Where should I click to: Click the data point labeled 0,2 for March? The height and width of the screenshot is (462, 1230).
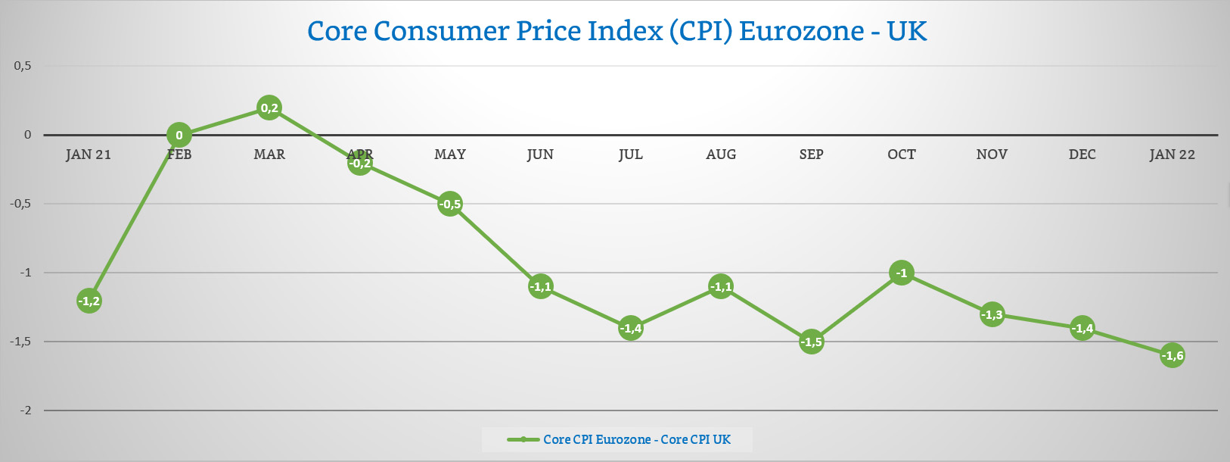click(269, 108)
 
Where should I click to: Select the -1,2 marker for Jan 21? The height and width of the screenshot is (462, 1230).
click(89, 301)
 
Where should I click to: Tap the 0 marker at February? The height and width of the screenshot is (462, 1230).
click(179, 136)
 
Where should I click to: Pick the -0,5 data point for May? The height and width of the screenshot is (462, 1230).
click(450, 204)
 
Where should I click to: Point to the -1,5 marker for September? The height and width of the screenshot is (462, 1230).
click(811, 342)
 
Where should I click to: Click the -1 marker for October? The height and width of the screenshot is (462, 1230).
click(902, 273)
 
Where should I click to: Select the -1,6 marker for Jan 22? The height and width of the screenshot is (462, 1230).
click(1173, 355)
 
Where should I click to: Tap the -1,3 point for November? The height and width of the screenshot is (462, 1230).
click(992, 314)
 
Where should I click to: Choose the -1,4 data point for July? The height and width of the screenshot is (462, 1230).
click(631, 328)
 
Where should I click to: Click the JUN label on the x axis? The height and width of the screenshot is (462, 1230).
click(540, 155)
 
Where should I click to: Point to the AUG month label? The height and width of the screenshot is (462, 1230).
click(721, 155)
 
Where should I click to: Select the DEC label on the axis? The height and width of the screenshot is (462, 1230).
click(1082, 155)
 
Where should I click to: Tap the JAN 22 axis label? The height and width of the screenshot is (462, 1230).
click(1172, 155)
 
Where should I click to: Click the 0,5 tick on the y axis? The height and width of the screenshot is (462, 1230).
click(23, 66)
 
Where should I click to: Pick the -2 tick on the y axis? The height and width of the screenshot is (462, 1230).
click(25, 410)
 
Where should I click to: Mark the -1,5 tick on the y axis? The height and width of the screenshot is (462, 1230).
click(20, 342)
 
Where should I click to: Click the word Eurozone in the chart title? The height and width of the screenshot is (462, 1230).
click(801, 31)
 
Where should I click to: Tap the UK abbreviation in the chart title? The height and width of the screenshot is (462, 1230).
click(907, 31)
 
